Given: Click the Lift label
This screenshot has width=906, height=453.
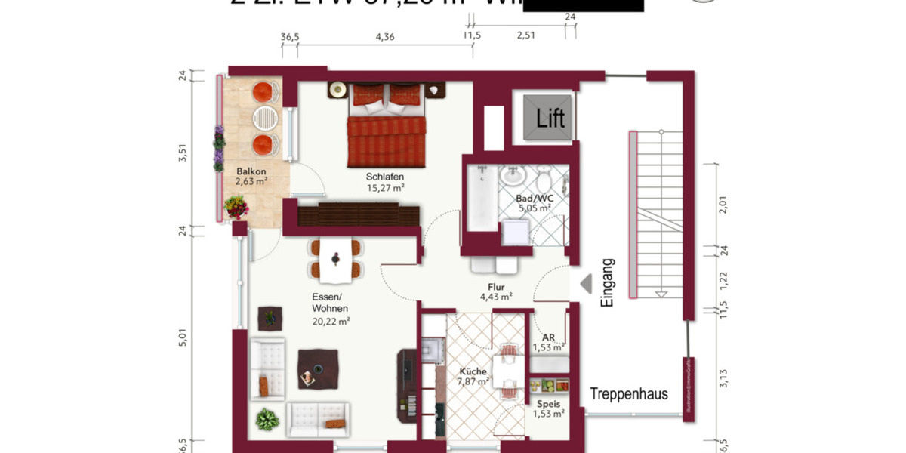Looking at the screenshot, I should pyautogui.click(x=550, y=119).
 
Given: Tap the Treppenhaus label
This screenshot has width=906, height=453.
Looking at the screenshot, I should pyautogui.click(x=629, y=393).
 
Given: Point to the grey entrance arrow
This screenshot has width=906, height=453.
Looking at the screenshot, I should pyautogui.click(x=585, y=283).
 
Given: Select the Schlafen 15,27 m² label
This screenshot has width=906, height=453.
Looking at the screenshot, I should pyautogui.click(x=386, y=182).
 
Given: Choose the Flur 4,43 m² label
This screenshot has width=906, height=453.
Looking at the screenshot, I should pyautogui.click(x=496, y=292).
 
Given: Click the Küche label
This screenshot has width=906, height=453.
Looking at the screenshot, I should pyautogui.click(x=473, y=371).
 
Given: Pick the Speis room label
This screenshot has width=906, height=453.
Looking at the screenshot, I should pyautogui.click(x=549, y=404).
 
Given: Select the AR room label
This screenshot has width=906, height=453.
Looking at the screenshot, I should pyautogui.click(x=549, y=337).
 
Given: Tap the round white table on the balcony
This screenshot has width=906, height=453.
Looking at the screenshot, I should pyautogui.click(x=264, y=117).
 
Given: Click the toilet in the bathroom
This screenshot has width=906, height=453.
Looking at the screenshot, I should pyautogui.click(x=544, y=180).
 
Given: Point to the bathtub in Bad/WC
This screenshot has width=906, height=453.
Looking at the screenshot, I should pyautogui.click(x=479, y=198).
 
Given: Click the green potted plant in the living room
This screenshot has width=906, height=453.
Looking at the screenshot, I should pyautogui.click(x=267, y=418).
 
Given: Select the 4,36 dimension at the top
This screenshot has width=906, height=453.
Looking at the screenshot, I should pyautogui.click(x=384, y=36).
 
